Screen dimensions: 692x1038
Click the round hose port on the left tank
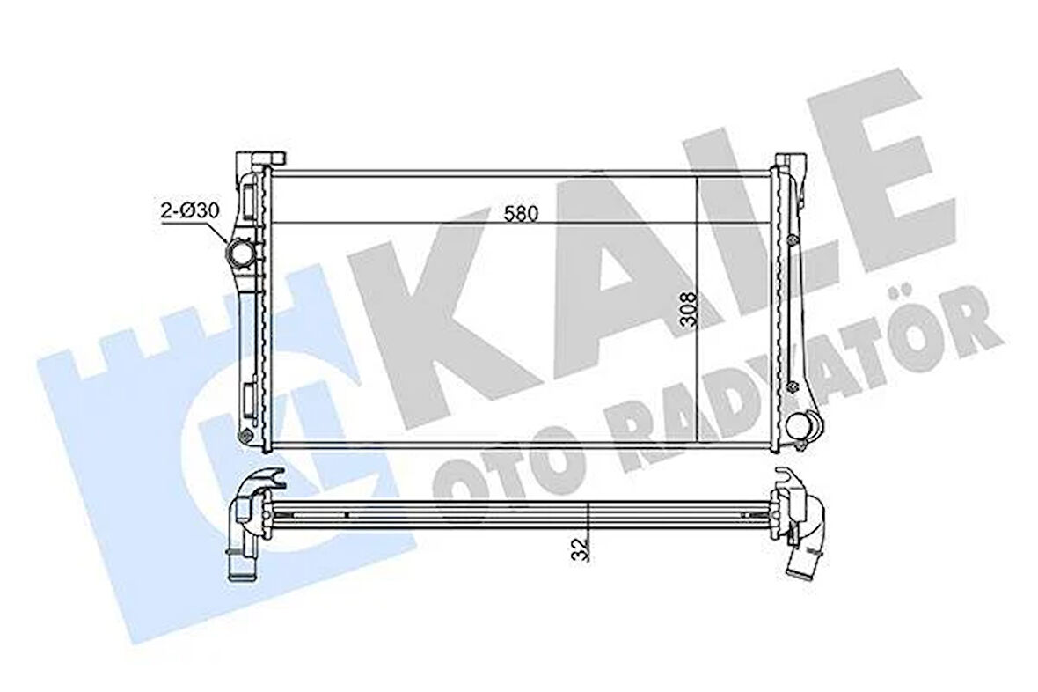coord(241,255)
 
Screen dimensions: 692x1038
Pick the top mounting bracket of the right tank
coord(788,164)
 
